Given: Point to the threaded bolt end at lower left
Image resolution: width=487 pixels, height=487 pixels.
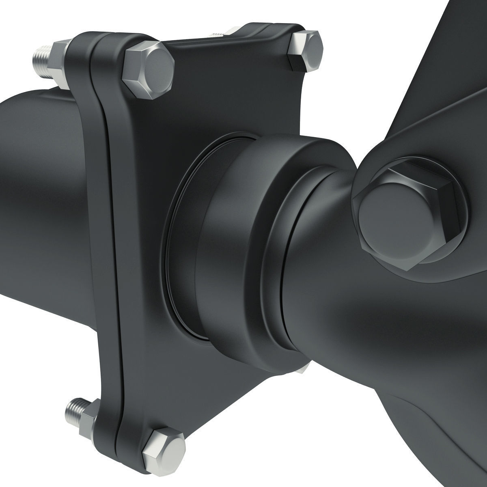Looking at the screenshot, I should (75, 410).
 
